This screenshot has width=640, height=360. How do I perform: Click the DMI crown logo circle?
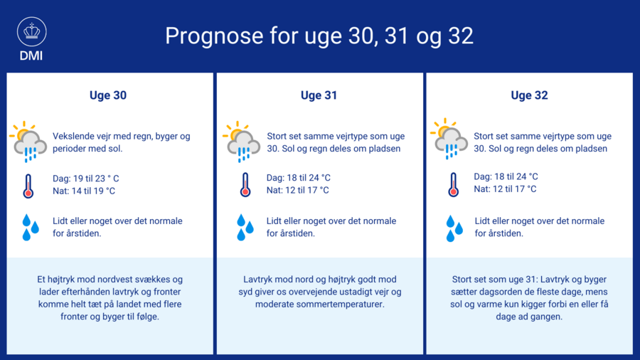tap(32, 31)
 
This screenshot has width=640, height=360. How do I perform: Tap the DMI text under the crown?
tap(31, 56)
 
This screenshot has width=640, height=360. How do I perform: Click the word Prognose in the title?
tap(214, 36)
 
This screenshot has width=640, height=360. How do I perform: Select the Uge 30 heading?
tap(108, 95)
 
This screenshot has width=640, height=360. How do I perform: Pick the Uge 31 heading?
tap(319, 95)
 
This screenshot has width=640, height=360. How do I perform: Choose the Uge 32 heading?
tap(529, 95)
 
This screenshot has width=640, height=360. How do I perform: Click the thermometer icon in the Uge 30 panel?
tap(28, 186)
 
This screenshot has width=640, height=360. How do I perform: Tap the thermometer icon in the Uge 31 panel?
tap(245, 184)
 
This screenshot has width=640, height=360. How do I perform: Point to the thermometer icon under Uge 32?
tap(454, 184)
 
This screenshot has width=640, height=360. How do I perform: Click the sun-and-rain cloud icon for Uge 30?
tap(28, 142)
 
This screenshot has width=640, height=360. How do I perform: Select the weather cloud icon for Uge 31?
tap(242, 142)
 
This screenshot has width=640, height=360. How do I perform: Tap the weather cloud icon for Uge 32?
tap(449, 139)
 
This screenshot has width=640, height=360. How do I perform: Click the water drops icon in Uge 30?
tap(31, 228)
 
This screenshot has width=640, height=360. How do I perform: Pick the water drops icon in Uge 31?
tap(245, 228)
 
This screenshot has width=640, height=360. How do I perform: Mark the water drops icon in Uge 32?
tap(454, 228)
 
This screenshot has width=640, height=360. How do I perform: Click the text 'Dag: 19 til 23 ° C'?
tap(86, 179)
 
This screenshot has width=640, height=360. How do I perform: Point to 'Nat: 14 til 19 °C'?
tap(84, 191)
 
